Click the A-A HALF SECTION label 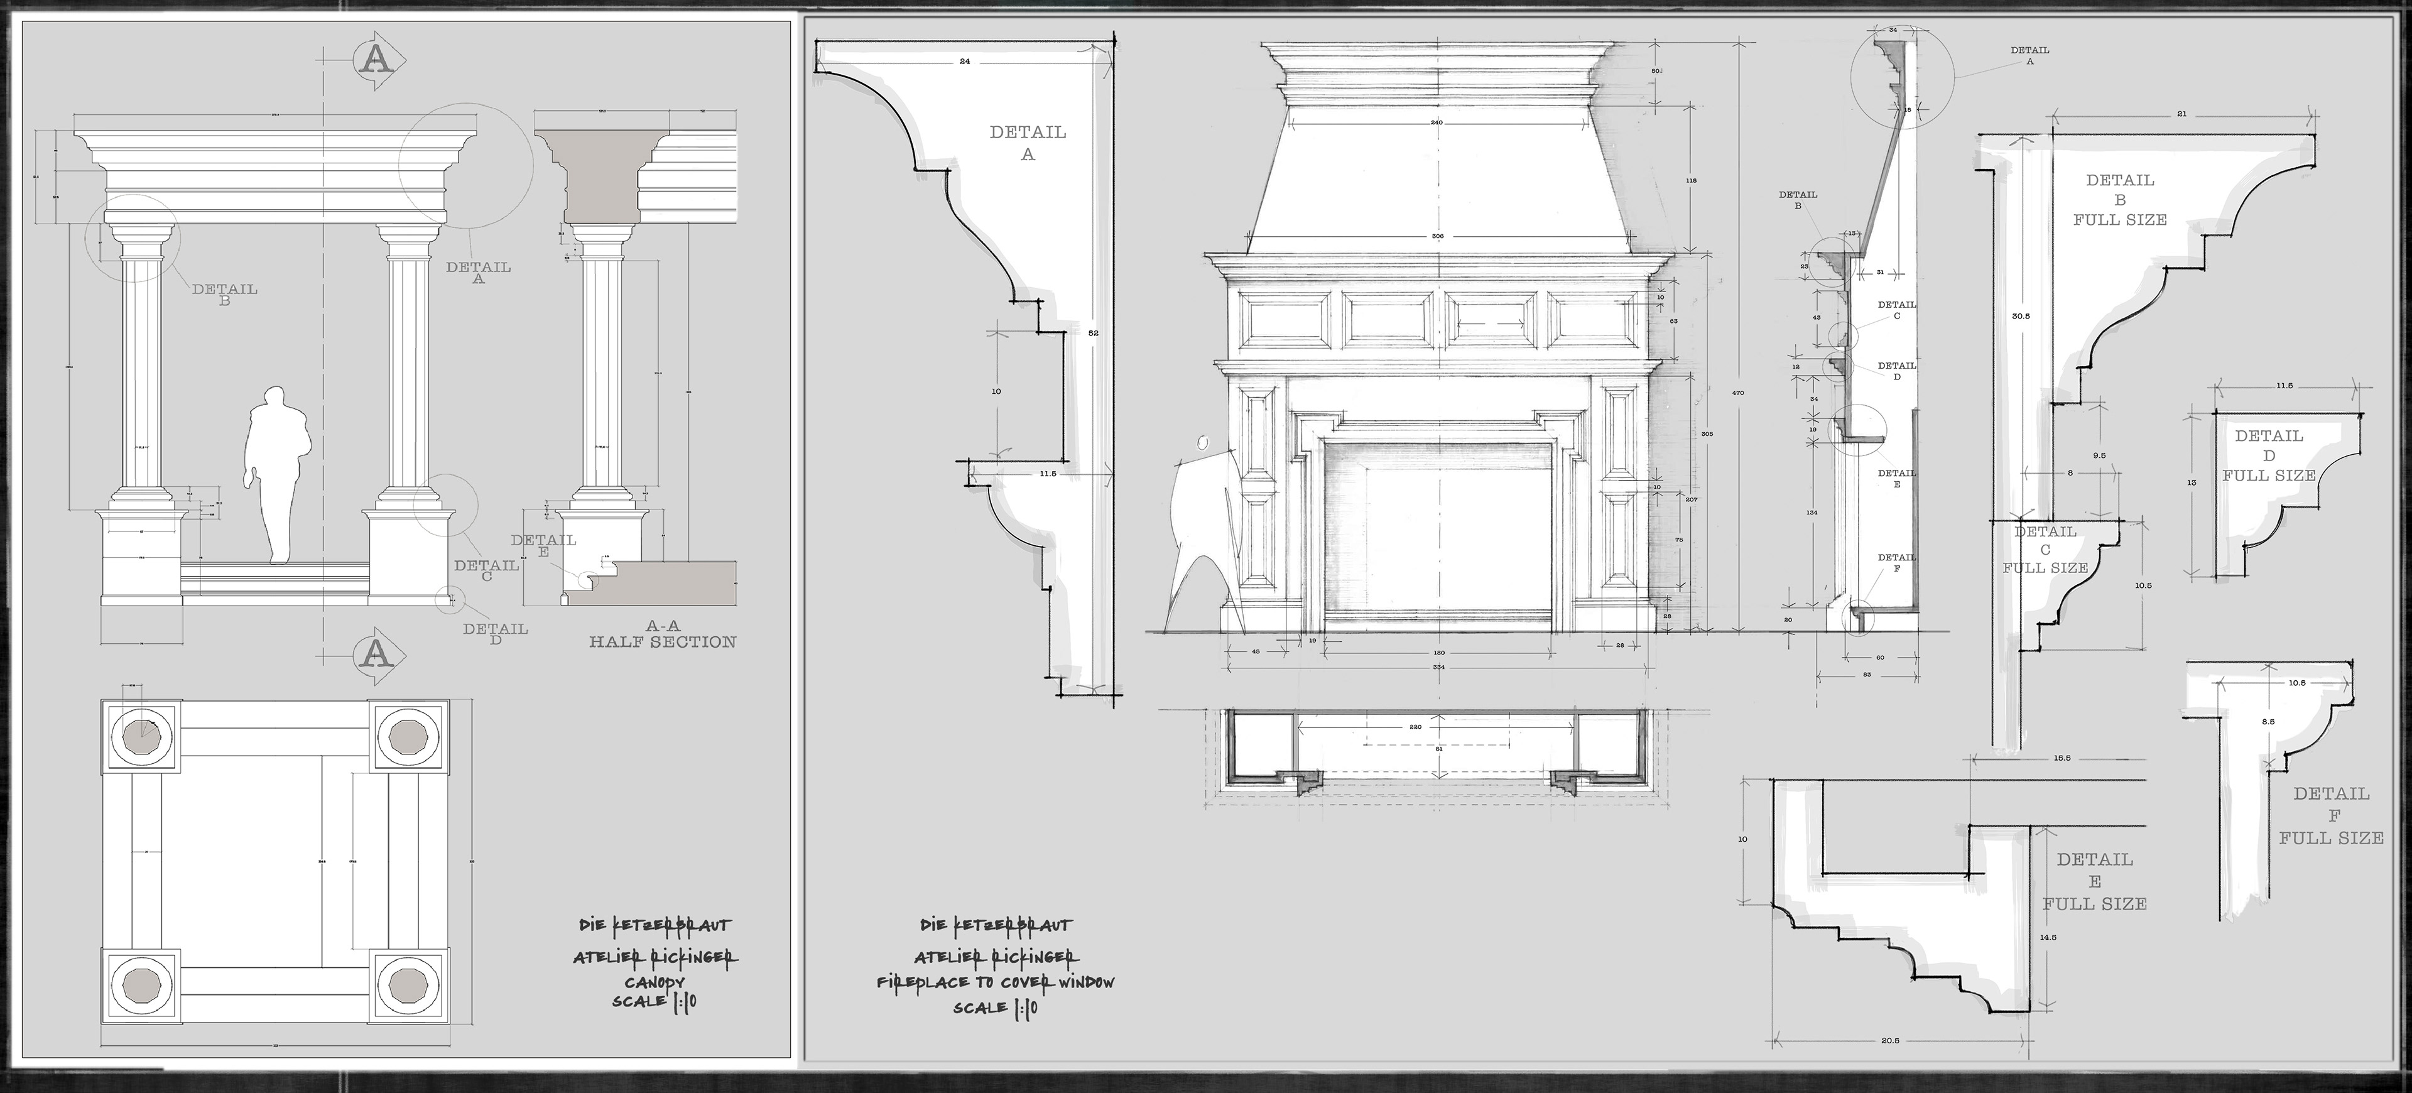point(662,634)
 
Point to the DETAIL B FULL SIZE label point(2120,200)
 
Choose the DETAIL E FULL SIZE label point(2095,881)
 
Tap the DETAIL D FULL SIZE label point(2269,455)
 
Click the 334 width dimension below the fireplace point(1437,668)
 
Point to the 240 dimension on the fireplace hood point(1437,122)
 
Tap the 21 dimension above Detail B point(2181,114)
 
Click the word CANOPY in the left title point(655,982)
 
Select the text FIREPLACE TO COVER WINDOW point(996,982)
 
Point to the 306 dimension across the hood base point(1437,237)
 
